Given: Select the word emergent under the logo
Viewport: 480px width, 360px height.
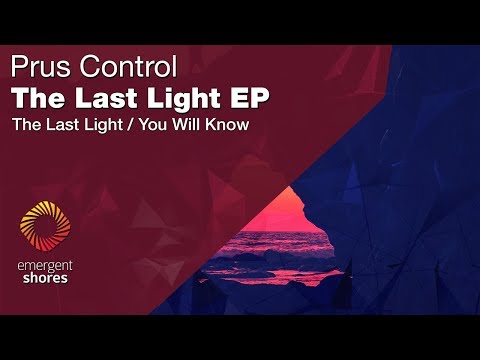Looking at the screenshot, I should pos(46,264).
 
